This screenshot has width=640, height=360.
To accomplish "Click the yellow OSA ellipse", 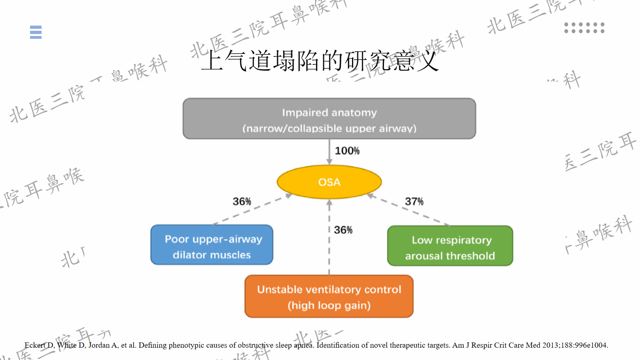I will coord(329,182).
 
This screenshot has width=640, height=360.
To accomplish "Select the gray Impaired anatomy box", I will coord(329,119).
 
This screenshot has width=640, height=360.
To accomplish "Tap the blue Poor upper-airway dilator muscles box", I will coord(212,245).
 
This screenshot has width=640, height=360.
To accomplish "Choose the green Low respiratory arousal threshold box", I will coord(450,246).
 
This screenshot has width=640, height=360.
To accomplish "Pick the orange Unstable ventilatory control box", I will coord(329,296).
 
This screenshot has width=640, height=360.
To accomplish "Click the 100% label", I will coord(347,151).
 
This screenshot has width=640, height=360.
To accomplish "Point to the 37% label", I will coord(414,201).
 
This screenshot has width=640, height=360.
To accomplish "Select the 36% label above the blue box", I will coord(242,201).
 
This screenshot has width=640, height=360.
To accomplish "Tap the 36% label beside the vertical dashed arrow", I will coord(343,230).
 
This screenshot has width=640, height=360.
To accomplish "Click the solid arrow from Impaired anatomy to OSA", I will coord(329,152).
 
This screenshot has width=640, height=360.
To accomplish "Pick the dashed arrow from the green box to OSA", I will coord(408,210).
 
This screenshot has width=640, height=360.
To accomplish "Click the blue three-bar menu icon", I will coord(36,32).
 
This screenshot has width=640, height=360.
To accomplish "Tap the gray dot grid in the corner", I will coord(584,28).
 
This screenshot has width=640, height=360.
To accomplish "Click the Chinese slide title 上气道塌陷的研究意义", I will coord(320,61).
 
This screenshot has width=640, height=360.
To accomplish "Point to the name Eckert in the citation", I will coord(34,345).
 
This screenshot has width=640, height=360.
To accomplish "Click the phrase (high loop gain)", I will coord(329,306).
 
